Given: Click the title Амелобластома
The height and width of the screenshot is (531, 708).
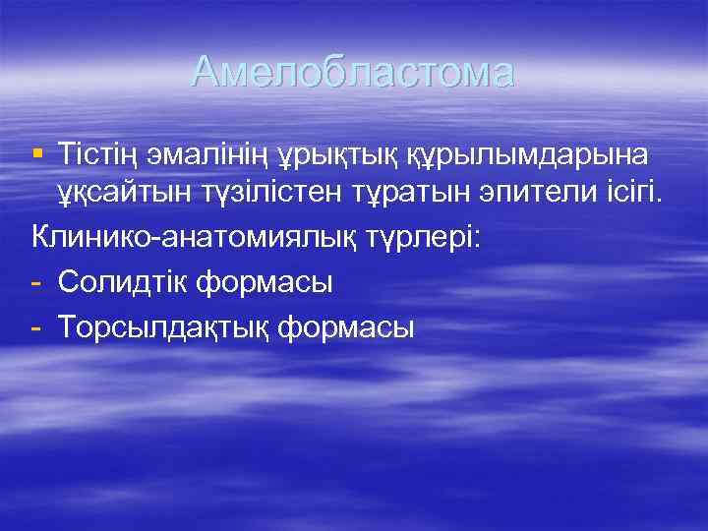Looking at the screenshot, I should pyautogui.click(x=353, y=72).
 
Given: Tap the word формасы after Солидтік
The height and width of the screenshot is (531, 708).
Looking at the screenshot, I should pyautogui.click(x=265, y=282).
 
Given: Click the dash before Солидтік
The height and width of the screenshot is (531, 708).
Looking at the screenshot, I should pyautogui.click(x=37, y=283).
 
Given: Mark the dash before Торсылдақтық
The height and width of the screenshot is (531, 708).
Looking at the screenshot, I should pyautogui.click(x=37, y=327).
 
